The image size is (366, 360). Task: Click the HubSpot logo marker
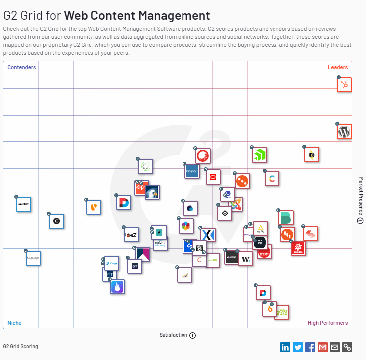click(x=344, y=85)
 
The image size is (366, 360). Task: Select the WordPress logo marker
click(x=344, y=132)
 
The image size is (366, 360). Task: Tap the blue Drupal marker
click(x=192, y=171)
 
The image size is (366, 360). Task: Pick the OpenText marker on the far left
click(x=24, y=204)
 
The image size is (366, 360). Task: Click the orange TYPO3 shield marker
click(x=93, y=207)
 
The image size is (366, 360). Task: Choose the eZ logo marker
click(x=131, y=234)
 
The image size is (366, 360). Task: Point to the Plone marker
click(x=112, y=263)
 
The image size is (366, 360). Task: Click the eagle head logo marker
click(x=152, y=192)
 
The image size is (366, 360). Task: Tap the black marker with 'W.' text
click(x=245, y=259)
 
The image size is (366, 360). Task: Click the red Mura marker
click(x=265, y=252)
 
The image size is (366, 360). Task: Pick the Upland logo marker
click(x=160, y=243)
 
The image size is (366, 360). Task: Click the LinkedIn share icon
click(x=285, y=347)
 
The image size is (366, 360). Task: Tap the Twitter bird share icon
click(x=298, y=347)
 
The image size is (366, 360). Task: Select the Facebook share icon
click(x=310, y=347)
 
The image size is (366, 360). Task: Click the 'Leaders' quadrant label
click(x=338, y=67)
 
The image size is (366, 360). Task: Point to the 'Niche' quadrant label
click(x=14, y=323)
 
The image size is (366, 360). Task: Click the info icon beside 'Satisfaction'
click(x=193, y=335)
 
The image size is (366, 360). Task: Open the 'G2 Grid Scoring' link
click(x=20, y=346)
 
